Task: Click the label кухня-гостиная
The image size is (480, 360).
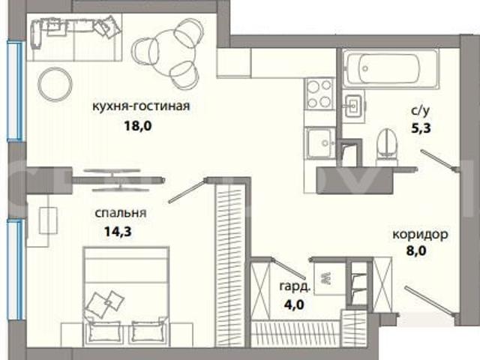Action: [x=141, y=106]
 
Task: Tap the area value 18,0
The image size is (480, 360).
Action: [x=138, y=126]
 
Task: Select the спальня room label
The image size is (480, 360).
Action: [x=121, y=213]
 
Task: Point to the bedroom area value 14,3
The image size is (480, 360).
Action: [x=118, y=232]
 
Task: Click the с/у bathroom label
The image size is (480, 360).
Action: [x=420, y=111]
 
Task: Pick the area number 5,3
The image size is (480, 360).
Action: [x=421, y=128]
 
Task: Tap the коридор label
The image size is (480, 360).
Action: [x=420, y=235]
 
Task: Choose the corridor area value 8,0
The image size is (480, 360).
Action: [x=416, y=251]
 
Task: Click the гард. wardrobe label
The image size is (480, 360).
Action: [x=295, y=286]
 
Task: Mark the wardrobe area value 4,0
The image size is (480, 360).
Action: [x=294, y=305]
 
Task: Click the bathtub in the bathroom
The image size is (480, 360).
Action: [x=390, y=69]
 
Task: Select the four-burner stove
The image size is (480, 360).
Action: [x=319, y=93]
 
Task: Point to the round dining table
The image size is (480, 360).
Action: [x=168, y=54]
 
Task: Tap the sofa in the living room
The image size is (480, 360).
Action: [x=76, y=37]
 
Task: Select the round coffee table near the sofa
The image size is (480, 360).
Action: [x=55, y=84]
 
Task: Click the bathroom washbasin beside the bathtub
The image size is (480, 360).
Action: [x=353, y=106]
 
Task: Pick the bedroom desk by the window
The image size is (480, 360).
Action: [x=38, y=220]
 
